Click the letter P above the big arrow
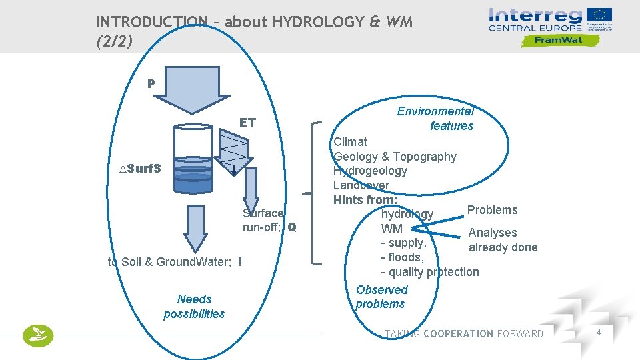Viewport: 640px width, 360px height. [151, 84]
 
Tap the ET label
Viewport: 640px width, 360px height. [247, 123]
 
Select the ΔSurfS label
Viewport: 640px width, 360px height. [139, 168]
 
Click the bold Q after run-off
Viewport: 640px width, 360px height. [292, 227]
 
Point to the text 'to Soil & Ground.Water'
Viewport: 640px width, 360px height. [169, 262]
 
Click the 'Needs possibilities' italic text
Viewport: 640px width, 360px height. [194, 307]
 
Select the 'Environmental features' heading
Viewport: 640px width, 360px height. [436, 119]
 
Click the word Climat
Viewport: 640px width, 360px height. [350, 141]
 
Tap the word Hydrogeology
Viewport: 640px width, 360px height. [370, 171]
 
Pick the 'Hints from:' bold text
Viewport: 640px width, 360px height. [365, 200]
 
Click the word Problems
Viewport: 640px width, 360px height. [492, 210]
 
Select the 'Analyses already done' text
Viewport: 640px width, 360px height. [502, 240]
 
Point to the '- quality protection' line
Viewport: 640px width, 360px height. [429, 272]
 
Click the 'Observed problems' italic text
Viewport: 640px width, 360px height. [381, 297]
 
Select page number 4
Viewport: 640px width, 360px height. [599, 333]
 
